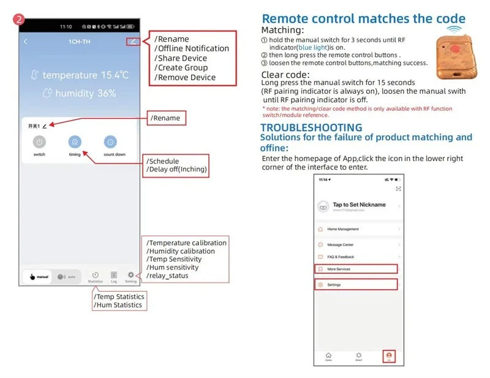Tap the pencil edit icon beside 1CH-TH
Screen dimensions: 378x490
pyautogui.click(x=133, y=42)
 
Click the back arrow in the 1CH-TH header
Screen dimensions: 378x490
pyautogui.click(x=26, y=42)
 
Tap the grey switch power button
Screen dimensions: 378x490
pyautogui.click(x=39, y=142)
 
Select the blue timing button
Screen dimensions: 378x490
pyautogui.click(x=74, y=142)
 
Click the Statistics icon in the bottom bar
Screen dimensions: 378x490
pyautogui.click(x=95, y=276)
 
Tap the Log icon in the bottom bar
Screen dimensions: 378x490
pyautogui.click(x=114, y=276)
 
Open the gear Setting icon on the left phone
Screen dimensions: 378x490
pyautogui.click(x=130, y=276)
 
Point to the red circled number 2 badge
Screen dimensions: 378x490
pyautogui.click(x=20, y=19)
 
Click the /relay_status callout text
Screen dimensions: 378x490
pyautogui.click(x=167, y=276)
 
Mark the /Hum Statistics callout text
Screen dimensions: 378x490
pyautogui.click(x=119, y=305)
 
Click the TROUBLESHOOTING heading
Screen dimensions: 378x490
pyautogui.click(x=311, y=127)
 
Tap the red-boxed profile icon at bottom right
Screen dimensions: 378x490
pyautogui.click(x=388, y=355)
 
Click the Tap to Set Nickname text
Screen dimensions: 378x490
pyautogui.click(x=359, y=205)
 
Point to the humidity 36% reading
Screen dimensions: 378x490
pyautogui.click(x=79, y=94)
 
